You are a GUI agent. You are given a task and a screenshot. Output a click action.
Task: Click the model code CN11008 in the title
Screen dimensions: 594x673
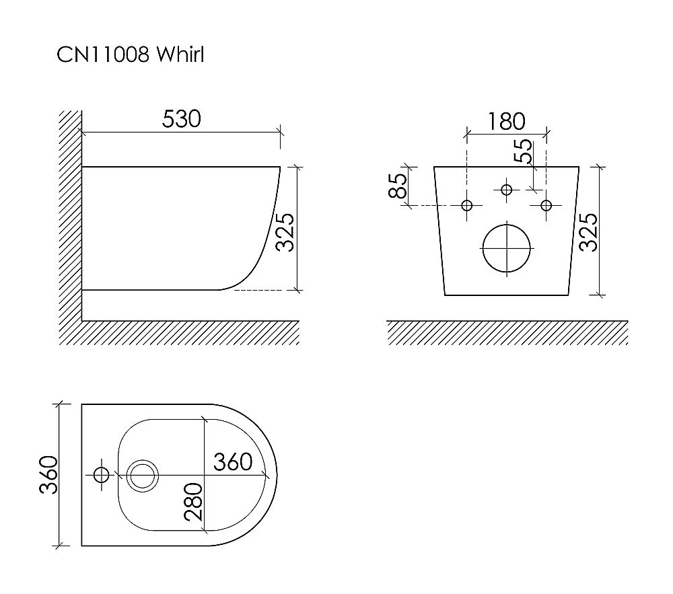tap(103, 55)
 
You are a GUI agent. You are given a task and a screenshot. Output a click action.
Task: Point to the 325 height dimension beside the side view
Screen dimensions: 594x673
tap(285, 232)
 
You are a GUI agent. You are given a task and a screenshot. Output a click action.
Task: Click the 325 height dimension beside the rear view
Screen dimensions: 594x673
tap(588, 232)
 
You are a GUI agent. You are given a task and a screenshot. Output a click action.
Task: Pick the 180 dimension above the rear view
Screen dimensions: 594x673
tap(506, 121)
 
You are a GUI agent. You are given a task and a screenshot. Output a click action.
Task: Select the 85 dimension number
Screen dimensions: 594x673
tap(398, 186)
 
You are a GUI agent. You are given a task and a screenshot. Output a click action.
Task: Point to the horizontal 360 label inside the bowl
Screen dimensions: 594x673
tap(233, 461)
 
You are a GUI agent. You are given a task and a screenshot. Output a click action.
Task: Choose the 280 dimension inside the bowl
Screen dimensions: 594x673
tap(192, 502)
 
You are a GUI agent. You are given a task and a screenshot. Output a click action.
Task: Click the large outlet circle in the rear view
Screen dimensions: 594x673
tap(507, 248)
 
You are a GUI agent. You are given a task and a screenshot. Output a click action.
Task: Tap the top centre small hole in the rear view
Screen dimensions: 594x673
tap(507, 190)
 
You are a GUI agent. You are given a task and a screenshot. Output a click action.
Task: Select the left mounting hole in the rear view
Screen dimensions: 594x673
tap(468, 205)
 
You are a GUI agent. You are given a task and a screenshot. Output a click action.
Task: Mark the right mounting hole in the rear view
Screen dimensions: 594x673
tap(546, 205)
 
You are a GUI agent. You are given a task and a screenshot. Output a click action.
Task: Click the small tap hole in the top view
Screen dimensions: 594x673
tap(102, 475)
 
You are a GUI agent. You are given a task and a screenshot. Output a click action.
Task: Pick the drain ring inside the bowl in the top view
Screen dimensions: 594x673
tap(142, 475)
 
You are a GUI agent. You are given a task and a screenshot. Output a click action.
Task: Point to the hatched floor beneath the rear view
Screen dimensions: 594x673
tap(507, 333)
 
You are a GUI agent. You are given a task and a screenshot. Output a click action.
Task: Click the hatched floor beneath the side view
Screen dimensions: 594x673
tap(188, 333)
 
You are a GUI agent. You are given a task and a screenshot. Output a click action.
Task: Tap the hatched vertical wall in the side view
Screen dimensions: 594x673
tap(70, 222)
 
